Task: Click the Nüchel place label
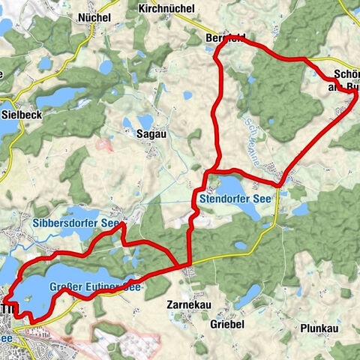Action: pyautogui.click(x=94, y=17)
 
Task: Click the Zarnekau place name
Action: pyautogui.click(x=186, y=305)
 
